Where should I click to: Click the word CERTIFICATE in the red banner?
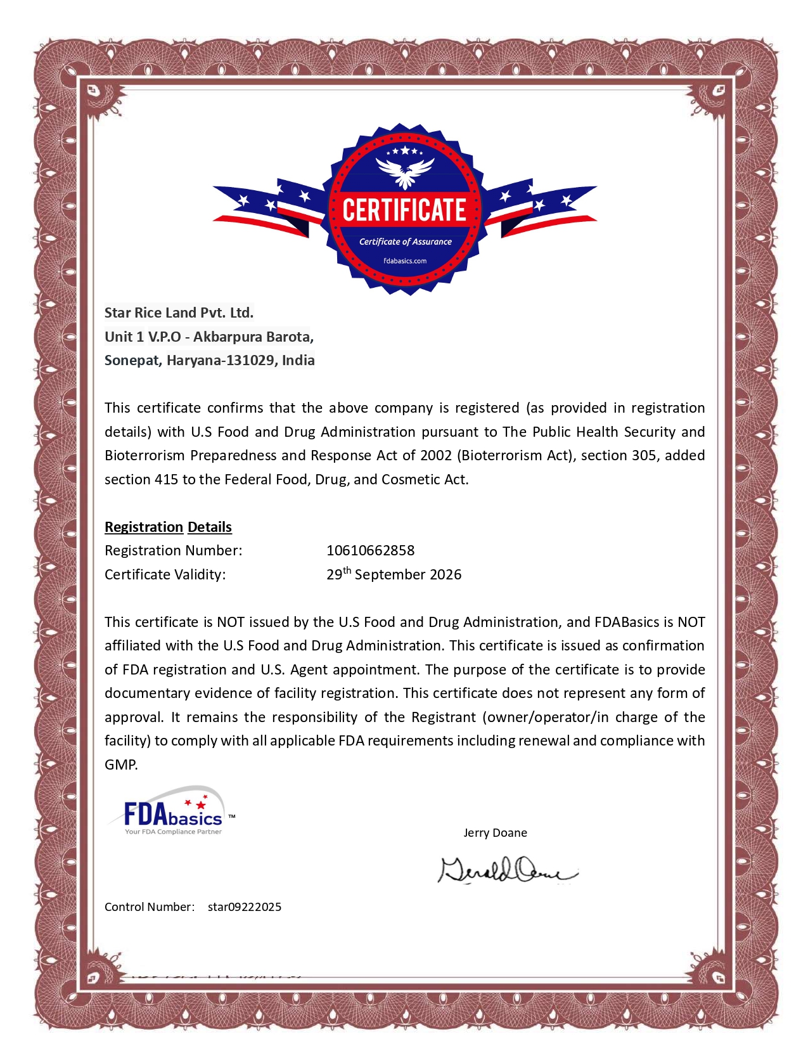[x=404, y=210]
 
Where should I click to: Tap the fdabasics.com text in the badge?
[x=405, y=261]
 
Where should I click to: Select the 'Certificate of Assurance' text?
[x=405, y=242]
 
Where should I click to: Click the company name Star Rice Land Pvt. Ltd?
[x=179, y=313]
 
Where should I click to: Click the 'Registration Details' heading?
[x=168, y=527]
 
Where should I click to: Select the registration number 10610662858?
[x=370, y=550]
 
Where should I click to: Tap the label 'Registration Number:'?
[x=173, y=550]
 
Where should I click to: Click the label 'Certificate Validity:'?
[x=165, y=574]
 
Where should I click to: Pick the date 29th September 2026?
[x=394, y=574]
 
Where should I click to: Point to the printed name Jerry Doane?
[x=495, y=832]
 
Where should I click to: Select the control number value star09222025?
[x=244, y=907]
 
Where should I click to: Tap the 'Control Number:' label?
[x=149, y=907]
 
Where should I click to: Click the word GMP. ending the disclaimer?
[x=121, y=765]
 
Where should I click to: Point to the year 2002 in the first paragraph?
[x=435, y=455]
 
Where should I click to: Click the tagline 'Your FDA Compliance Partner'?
[x=173, y=832]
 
